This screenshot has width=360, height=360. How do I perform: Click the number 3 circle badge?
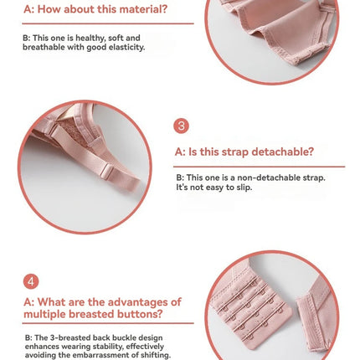point(181,126)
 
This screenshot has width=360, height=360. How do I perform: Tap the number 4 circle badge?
point(31,281)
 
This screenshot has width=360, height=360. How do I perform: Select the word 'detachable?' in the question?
point(282,152)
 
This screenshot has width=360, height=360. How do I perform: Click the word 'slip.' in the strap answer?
point(244,188)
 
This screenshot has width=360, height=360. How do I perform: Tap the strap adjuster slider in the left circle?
point(107,172)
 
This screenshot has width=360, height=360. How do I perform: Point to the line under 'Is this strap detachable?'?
point(259,167)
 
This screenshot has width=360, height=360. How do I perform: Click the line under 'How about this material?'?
point(108,23)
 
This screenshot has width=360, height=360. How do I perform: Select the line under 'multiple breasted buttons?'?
point(108,323)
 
